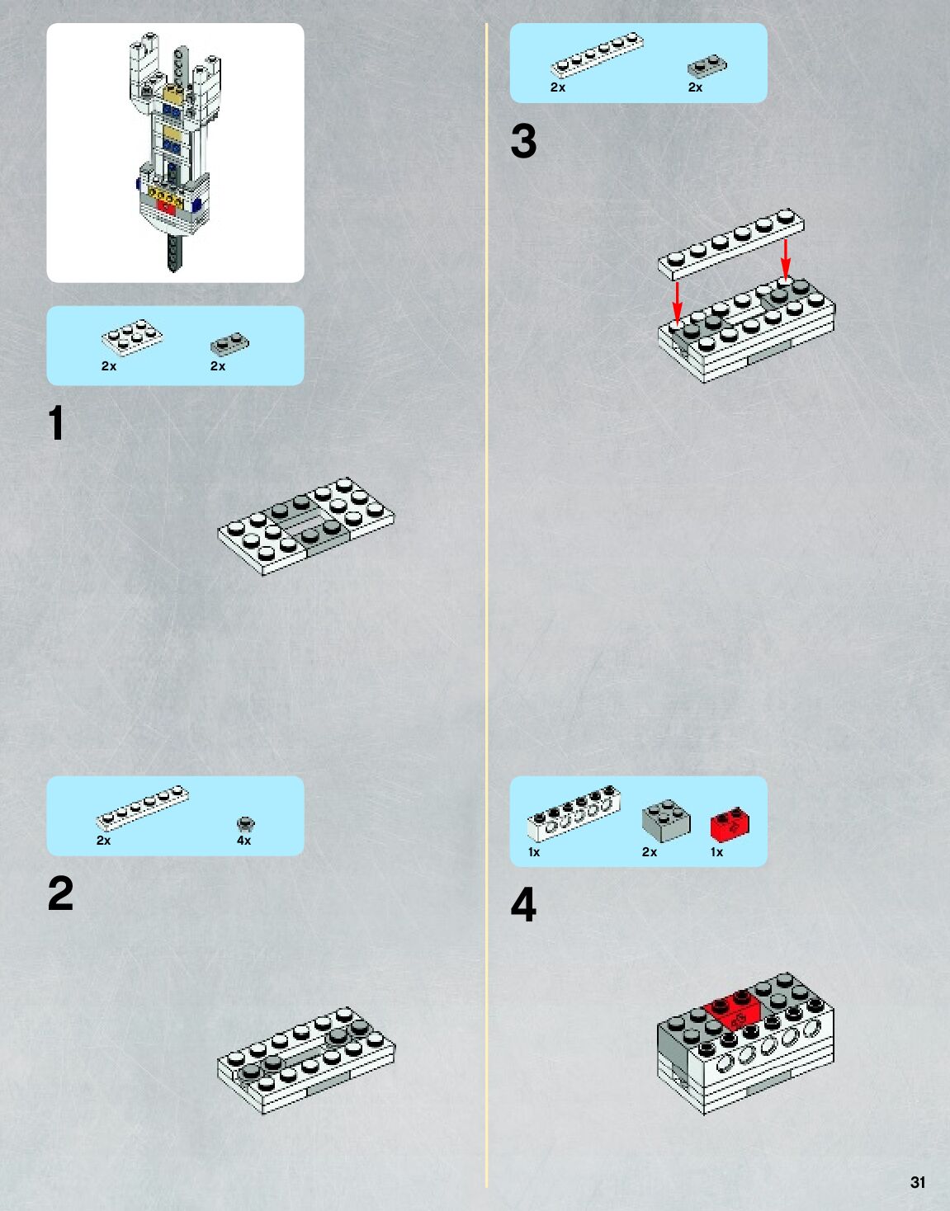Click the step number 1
tap(56, 423)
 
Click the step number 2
tap(60, 894)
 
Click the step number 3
tap(523, 141)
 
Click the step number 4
tap(523, 905)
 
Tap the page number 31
tap(917, 1182)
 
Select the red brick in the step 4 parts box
tap(730, 826)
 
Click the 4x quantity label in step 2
tap(243, 841)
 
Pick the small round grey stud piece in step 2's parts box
tap(245, 823)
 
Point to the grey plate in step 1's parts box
tap(229, 343)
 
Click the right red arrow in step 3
tap(786, 257)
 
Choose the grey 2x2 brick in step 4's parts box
tap(666, 821)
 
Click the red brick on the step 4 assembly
tap(733, 1011)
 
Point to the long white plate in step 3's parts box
tap(597, 56)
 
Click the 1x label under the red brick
tap(716, 852)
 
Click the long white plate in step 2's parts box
tap(142, 808)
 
